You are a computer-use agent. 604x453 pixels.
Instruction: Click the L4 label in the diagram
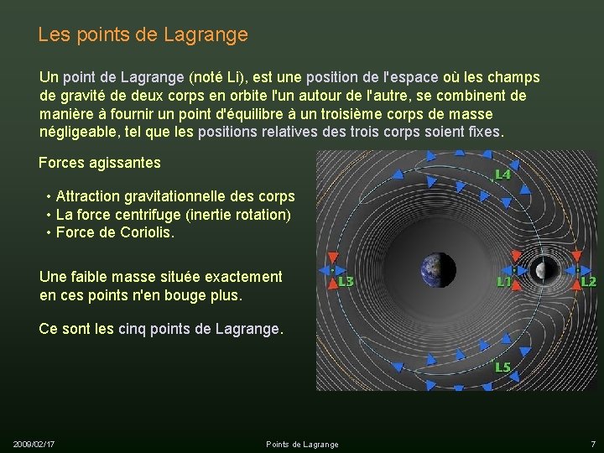[502, 174]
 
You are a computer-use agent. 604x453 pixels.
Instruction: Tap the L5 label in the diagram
[502, 367]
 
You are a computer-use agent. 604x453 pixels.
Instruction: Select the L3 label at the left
[345, 282]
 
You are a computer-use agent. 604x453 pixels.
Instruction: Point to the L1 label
[504, 282]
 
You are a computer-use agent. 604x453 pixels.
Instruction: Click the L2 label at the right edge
[588, 282]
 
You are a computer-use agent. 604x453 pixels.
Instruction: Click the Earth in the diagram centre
[438, 270]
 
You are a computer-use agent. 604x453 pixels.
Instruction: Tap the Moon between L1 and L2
[545, 269]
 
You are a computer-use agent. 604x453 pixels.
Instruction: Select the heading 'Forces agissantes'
[100, 162]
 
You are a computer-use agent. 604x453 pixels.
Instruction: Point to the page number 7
[592, 443]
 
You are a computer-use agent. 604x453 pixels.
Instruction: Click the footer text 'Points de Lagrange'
[302, 444]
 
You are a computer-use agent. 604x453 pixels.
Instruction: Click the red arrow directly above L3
[331, 258]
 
